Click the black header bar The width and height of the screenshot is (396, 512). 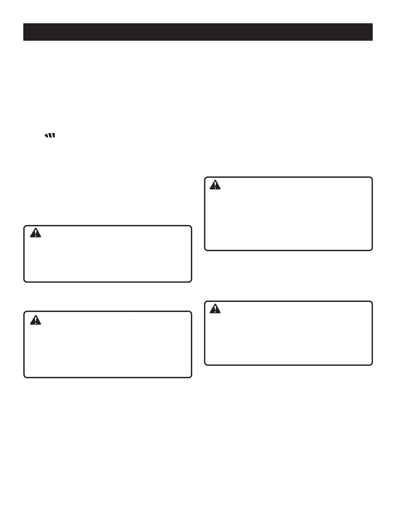198,32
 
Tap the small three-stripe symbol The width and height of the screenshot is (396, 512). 50,136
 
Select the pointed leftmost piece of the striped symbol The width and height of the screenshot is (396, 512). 46,136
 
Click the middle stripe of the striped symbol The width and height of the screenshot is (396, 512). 50,136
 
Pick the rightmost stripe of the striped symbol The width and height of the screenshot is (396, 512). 53,136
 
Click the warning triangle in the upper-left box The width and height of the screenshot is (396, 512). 36,233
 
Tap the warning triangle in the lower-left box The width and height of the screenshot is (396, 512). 36,320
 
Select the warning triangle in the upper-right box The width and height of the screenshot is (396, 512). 215,185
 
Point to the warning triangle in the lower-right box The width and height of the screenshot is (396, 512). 215,309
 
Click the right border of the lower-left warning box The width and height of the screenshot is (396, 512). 192,345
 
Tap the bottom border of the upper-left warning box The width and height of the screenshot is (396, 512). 108,282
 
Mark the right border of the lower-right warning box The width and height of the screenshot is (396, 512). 372,333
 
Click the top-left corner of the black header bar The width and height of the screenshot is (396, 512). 24,24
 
